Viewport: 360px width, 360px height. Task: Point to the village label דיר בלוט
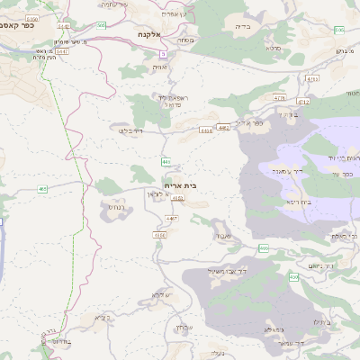[x=130, y=130]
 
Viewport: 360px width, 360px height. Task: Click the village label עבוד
[x=223, y=236]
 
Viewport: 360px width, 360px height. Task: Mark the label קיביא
[x=102, y=317]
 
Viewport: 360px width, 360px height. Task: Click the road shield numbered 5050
[x=33, y=18]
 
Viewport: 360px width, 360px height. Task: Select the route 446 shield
[x=166, y=162]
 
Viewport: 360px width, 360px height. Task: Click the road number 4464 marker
[x=206, y=130]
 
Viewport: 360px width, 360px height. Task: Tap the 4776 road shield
[x=279, y=98]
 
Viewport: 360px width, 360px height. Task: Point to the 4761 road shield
[x=312, y=80]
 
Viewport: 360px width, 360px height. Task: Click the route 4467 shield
[x=172, y=218]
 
